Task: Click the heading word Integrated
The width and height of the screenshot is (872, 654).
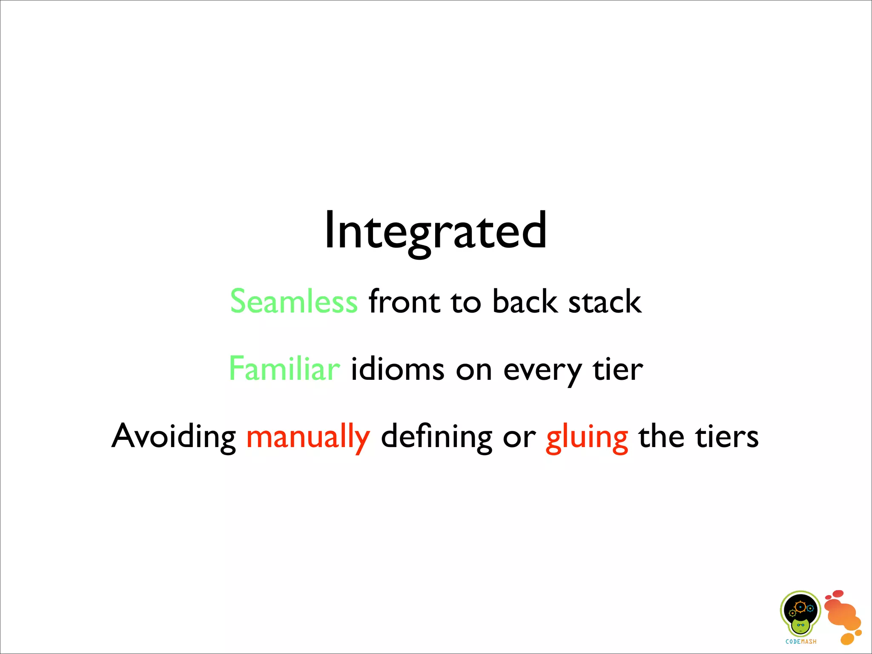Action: pos(435,231)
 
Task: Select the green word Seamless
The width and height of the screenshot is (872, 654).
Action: pos(294,301)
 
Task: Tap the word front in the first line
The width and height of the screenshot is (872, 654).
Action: pos(404,301)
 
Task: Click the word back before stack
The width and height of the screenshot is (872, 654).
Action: pos(525,301)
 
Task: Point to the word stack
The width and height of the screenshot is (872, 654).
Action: pos(605,301)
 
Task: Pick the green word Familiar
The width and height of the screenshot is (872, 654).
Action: pos(284,369)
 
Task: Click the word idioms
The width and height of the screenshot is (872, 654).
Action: pos(398,369)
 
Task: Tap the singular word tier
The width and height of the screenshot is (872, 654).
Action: pos(618,369)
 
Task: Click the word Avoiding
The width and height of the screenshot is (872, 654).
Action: pos(174,436)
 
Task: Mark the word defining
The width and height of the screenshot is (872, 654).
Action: pos(436,436)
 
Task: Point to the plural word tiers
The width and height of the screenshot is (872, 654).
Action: pos(727,436)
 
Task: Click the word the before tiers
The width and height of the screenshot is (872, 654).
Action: pos(661,436)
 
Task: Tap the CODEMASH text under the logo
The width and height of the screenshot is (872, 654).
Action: pos(801,642)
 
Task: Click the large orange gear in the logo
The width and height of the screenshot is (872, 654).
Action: pos(800,606)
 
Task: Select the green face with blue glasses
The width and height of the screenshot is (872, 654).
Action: pos(800,626)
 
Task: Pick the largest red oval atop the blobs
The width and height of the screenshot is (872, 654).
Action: pos(838,594)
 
